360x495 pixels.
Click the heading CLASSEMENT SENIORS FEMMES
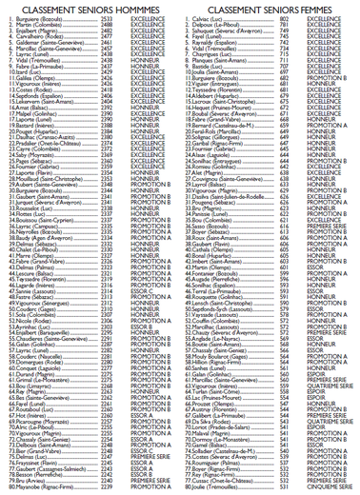click(x=270, y=8)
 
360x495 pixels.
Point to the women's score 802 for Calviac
click(x=284, y=18)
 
